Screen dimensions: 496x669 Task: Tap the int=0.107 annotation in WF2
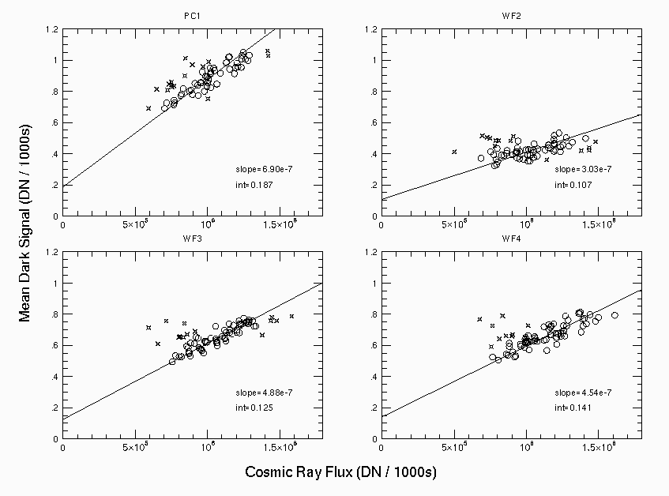(570, 185)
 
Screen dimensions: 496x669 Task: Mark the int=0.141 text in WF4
(570, 408)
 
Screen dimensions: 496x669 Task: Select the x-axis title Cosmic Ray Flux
(340, 472)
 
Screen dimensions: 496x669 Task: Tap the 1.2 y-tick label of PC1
(52, 30)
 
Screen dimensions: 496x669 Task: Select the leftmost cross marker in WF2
(454, 152)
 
